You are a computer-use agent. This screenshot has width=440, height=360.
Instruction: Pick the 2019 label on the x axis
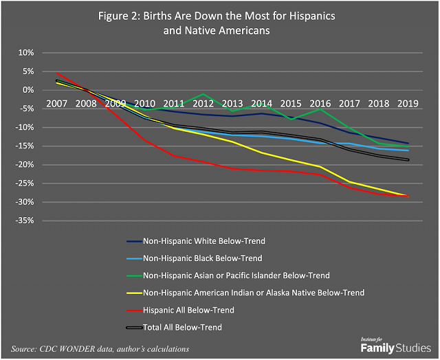click(407, 103)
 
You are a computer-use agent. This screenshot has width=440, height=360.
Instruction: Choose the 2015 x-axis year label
click(290, 103)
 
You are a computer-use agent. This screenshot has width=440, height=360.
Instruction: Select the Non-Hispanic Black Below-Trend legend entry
click(202, 258)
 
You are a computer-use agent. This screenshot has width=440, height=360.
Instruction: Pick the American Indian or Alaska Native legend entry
click(253, 293)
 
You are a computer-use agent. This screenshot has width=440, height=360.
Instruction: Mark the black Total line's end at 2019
click(408, 160)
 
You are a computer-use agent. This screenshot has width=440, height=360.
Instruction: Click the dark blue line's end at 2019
click(408, 144)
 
